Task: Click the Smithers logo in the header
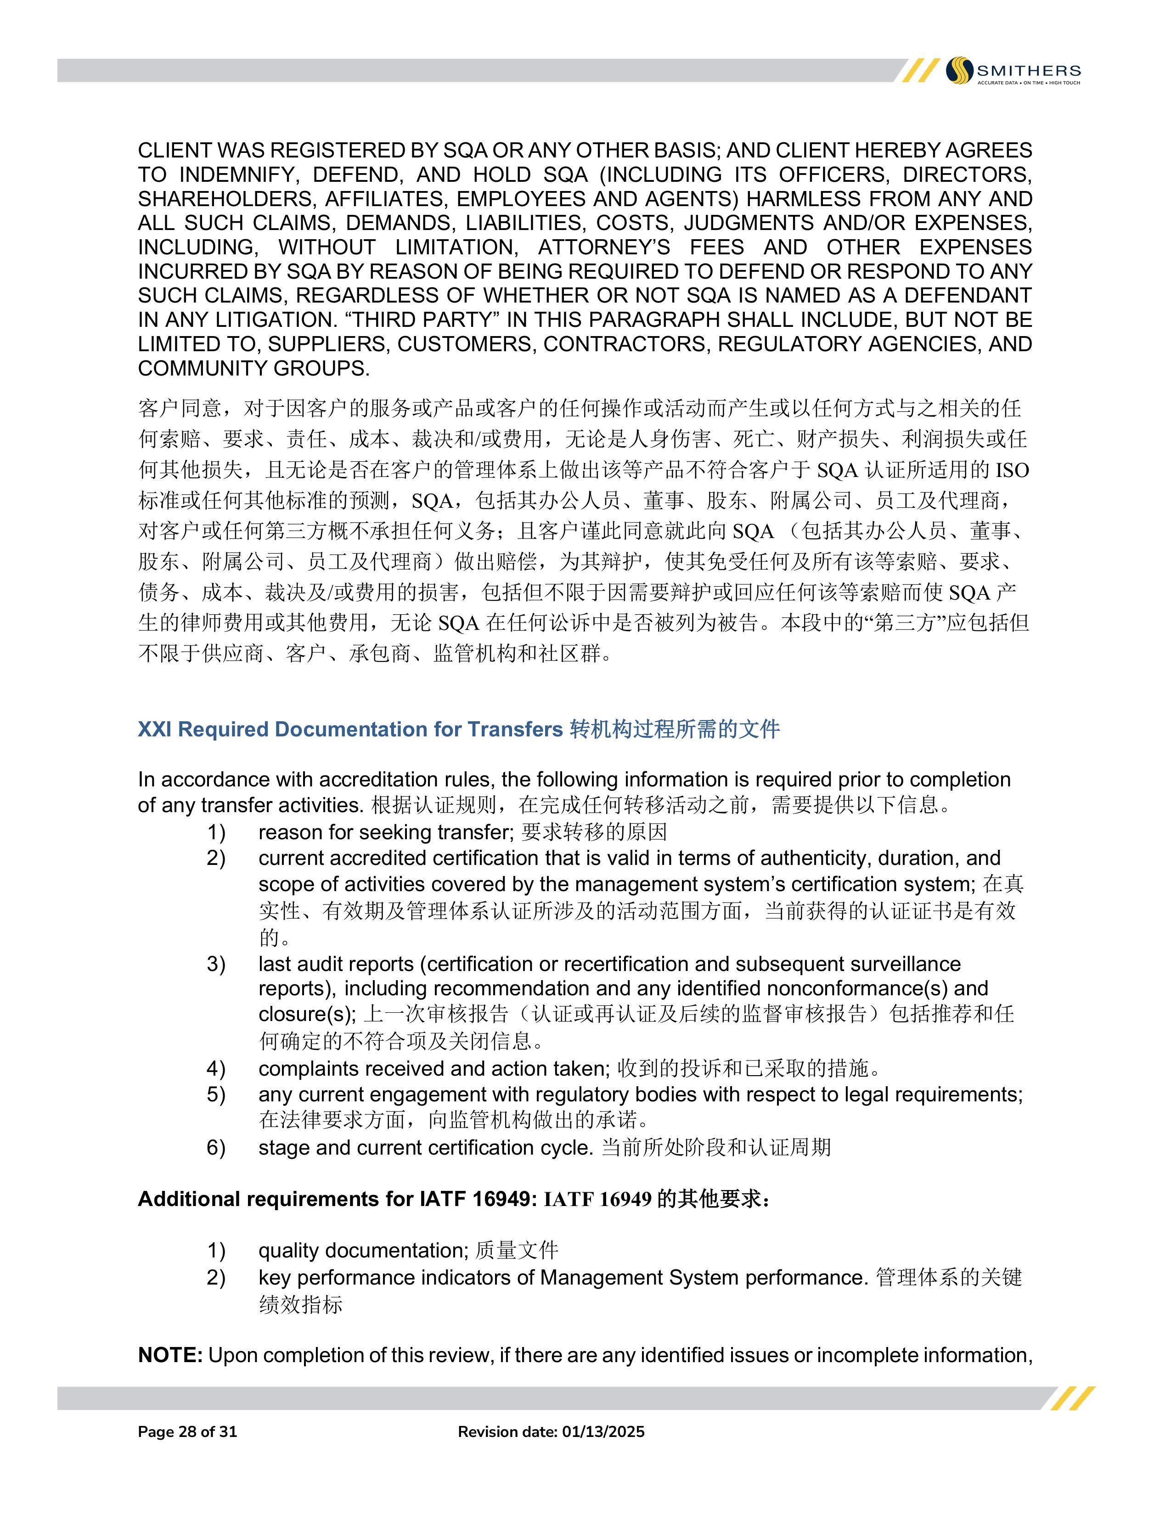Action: pos(1013,71)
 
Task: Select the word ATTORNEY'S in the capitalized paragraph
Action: pos(604,247)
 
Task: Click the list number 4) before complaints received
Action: pos(216,1068)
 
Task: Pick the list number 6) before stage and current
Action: pos(216,1147)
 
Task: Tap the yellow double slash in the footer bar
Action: pos(1072,1398)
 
